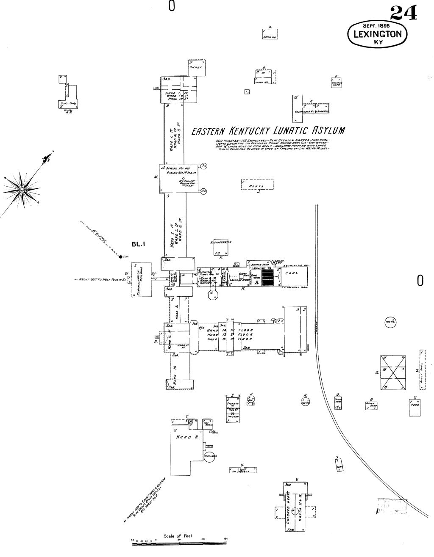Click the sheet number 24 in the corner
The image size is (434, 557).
pyautogui.click(x=403, y=12)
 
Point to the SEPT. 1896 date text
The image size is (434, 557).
pyautogui.click(x=376, y=25)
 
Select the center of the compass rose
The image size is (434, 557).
pyautogui.click(x=22, y=191)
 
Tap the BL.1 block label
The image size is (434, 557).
pyautogui.click(x=139, y=243)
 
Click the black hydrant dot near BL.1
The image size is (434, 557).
pyautogui.click(x=120, y=256)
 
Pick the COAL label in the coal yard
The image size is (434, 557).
pyautogui.click(x=292, y=273)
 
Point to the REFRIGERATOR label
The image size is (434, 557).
pyautogui.click(x=220, y=243)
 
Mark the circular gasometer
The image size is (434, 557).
pyautogui.click(x=210, y=456)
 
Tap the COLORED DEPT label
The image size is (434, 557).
pyautogui.click(x=288, y=506)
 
